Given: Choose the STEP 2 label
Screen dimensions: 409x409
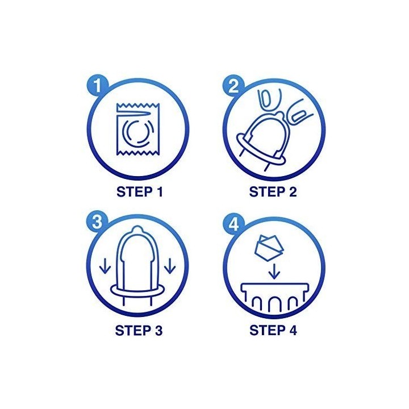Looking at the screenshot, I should point(273,192).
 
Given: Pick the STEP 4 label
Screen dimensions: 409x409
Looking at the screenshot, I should point(273,330).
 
